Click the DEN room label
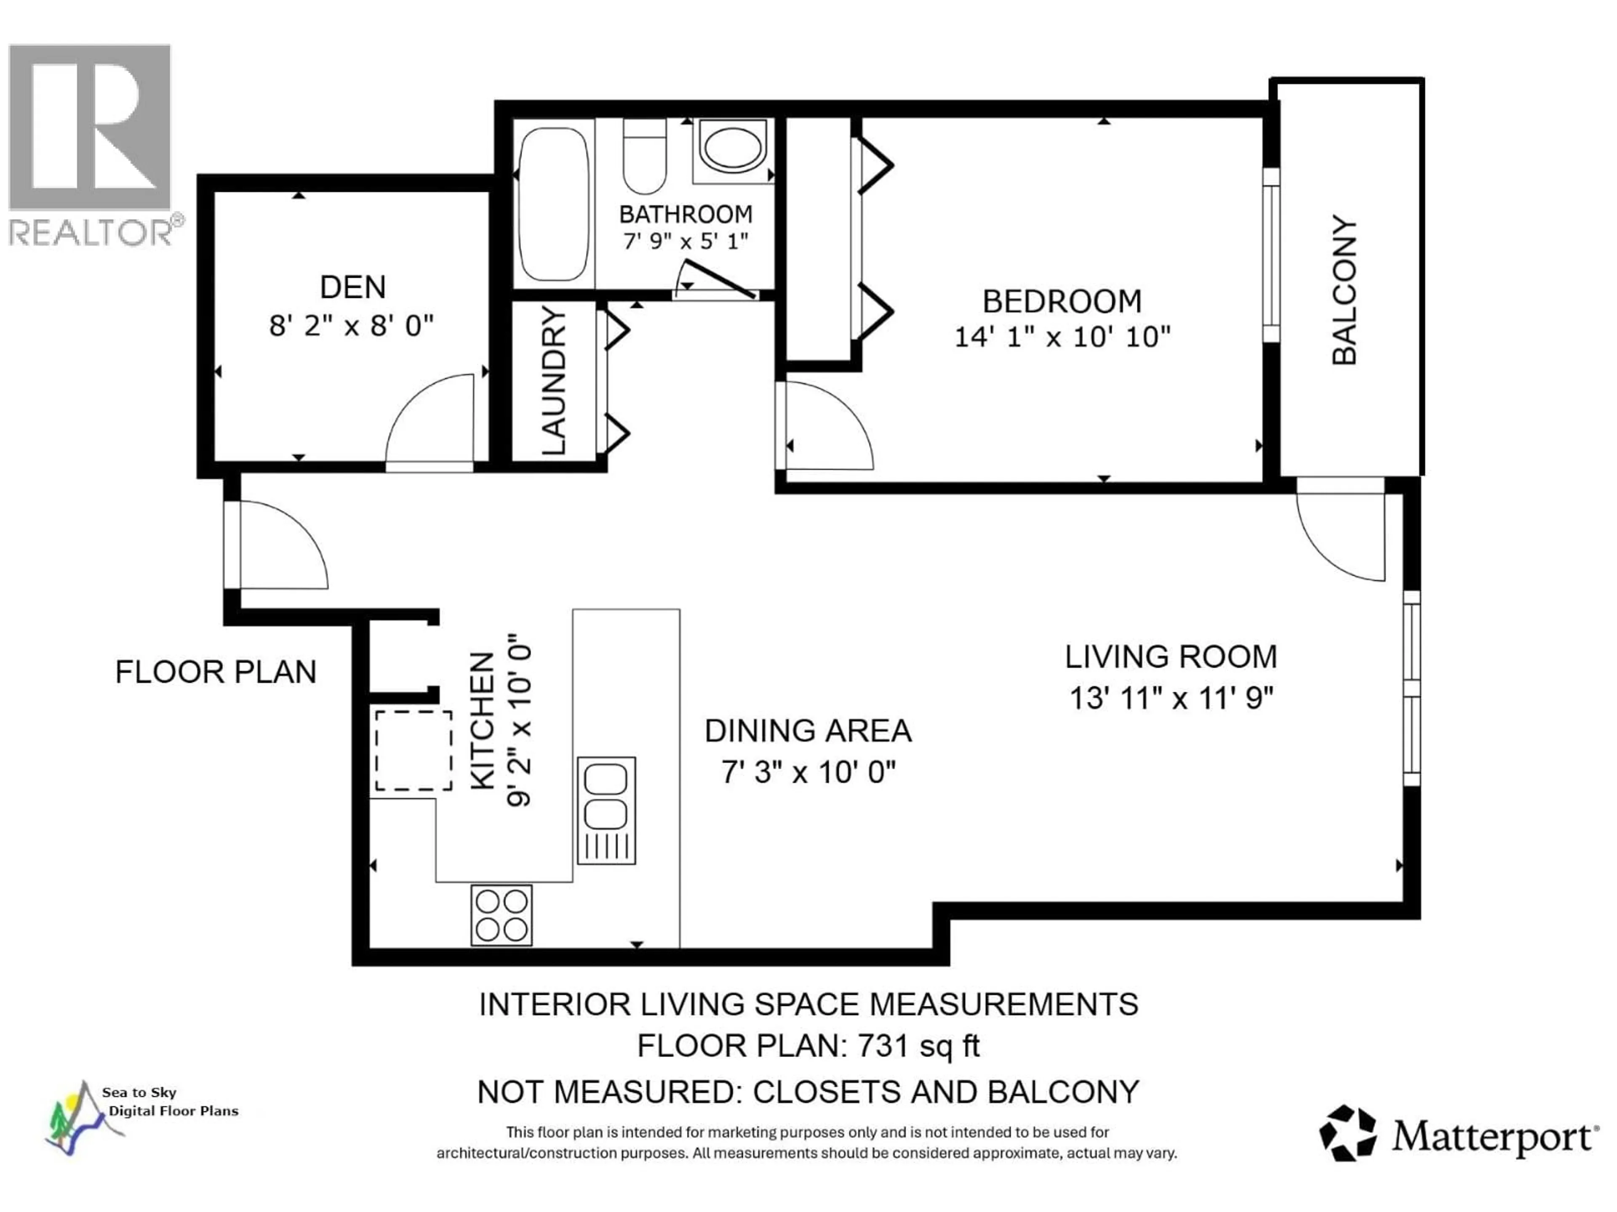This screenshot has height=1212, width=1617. pos(352,287)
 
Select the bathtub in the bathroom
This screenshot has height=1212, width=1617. pos(553,205)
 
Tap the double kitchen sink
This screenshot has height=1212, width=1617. pos(606,809)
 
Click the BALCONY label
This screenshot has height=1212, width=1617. pos(1344,290)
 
